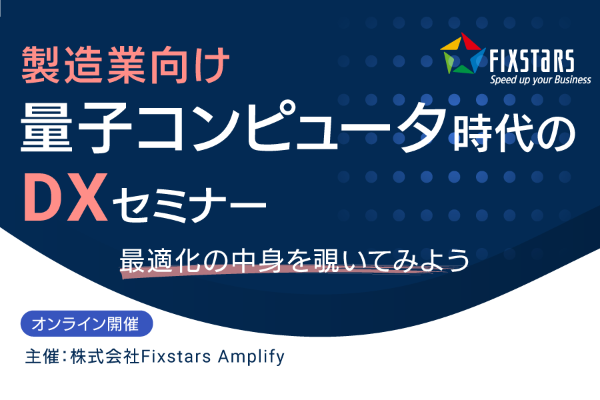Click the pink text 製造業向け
point(125,65)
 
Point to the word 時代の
point(515,133)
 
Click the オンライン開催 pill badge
point(87,324)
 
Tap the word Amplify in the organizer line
point(251,357)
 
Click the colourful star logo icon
point(463,53)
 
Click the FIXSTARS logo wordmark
point(532,61)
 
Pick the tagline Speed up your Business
point(540,79)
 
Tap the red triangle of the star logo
point(470,41)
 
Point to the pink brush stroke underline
point(283,271)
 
